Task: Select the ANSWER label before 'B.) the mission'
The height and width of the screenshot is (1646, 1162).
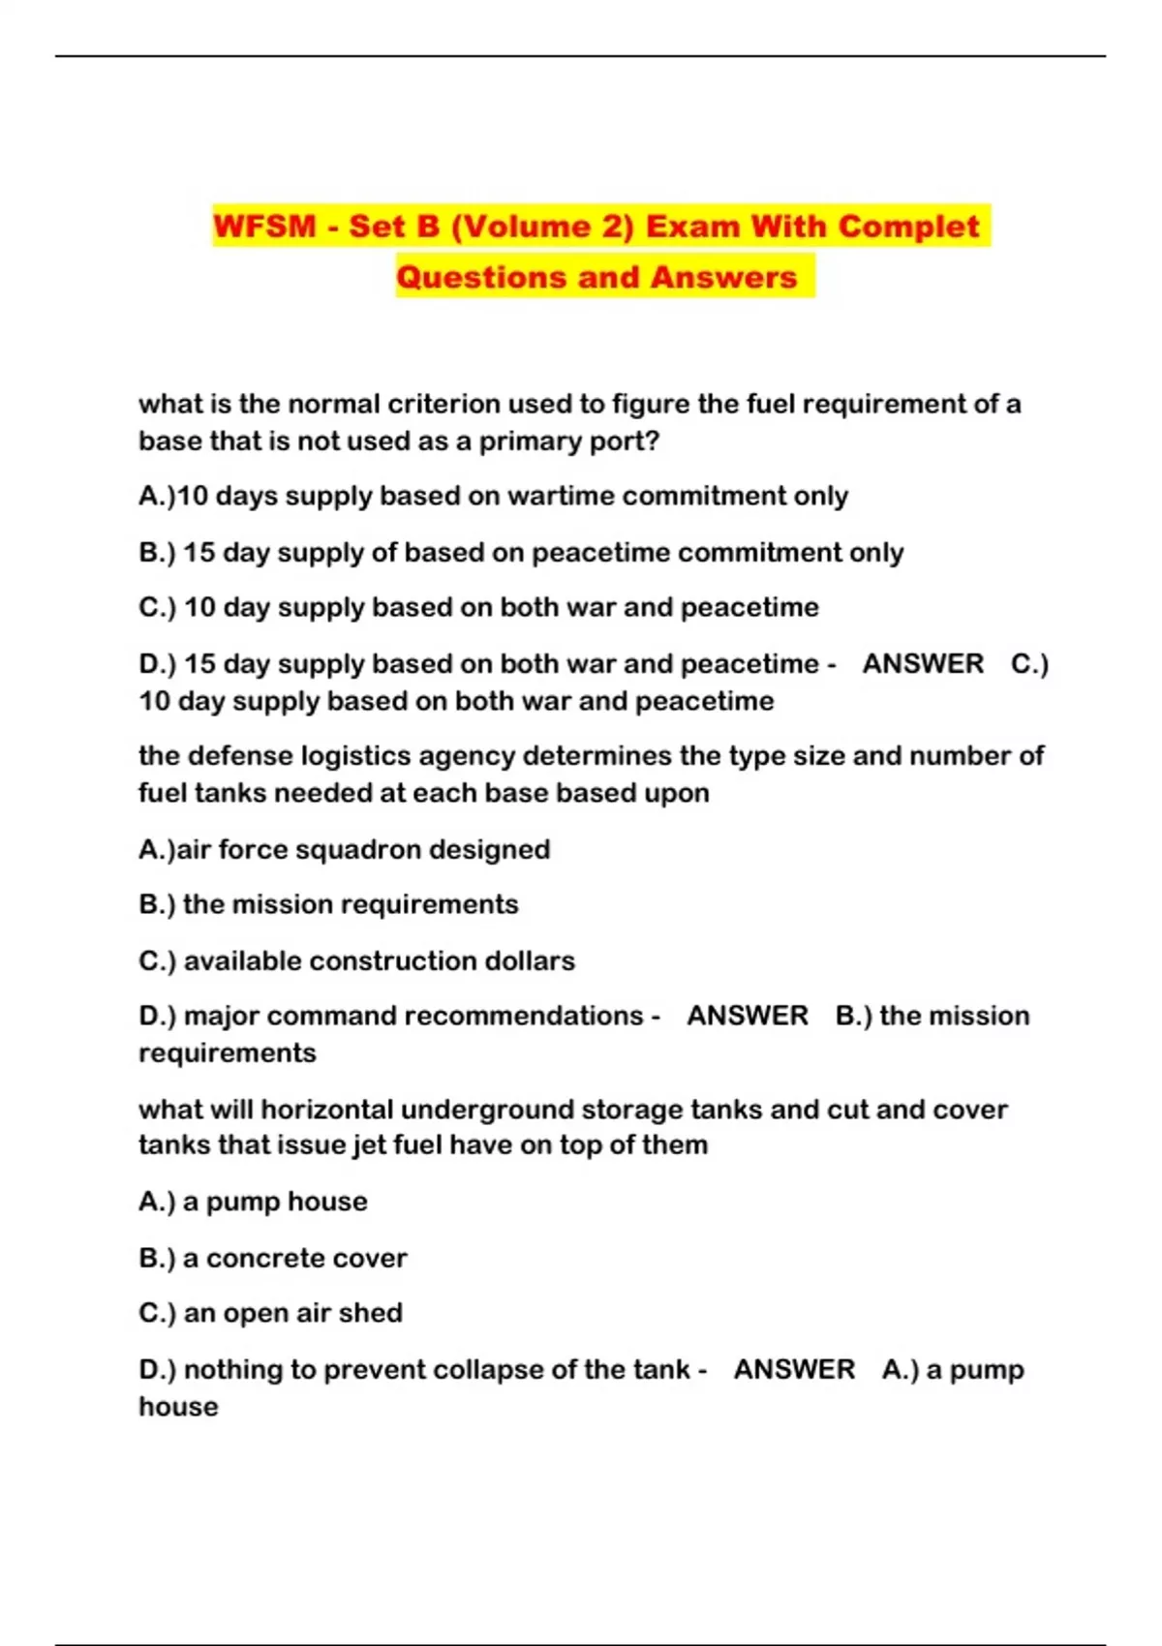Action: [747, 1016]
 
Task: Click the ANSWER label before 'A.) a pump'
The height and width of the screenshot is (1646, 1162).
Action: [794, 1369]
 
